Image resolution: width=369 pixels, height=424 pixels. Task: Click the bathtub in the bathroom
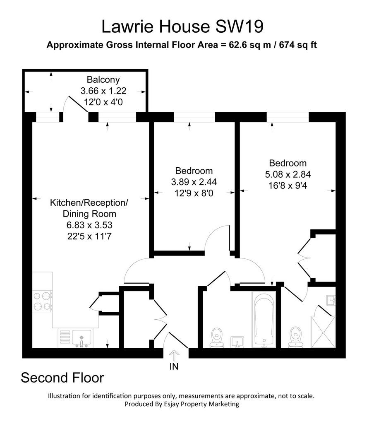click(x=264, y=319)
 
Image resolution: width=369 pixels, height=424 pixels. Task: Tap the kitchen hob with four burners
click(x=42, y=301)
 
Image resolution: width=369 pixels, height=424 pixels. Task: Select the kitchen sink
click(x=75, y=338)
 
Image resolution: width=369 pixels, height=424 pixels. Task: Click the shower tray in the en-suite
click(x=323, y=332)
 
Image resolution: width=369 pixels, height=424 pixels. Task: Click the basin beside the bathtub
click(x=237, y=342)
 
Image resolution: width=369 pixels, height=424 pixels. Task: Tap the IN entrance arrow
click(x=174, y=356)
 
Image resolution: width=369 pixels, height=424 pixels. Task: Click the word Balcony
click(x=103, y=79)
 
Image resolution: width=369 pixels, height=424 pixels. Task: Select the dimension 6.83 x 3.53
click(x=89, y=225)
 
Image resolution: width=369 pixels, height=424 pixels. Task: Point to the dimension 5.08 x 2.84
click(x=288, y=174)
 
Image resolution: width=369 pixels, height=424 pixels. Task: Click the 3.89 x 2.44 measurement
click(x=194, y=182)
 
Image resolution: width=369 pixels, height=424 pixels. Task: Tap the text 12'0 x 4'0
click(x=103, y=102)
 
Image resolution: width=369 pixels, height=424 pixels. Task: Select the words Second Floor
click(x=62, y=378)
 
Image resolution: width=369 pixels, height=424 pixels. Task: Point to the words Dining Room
click(x=89, y=214)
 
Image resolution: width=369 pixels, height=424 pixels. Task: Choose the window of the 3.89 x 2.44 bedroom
click(x=194, y=117)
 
